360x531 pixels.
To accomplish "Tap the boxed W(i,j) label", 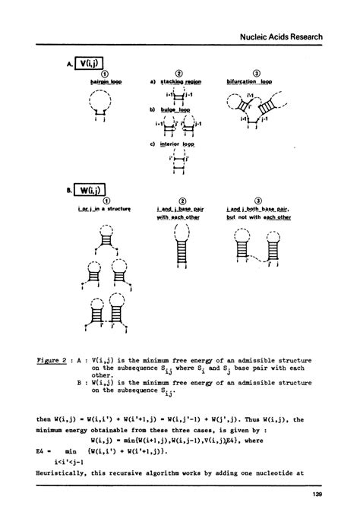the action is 89,189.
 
